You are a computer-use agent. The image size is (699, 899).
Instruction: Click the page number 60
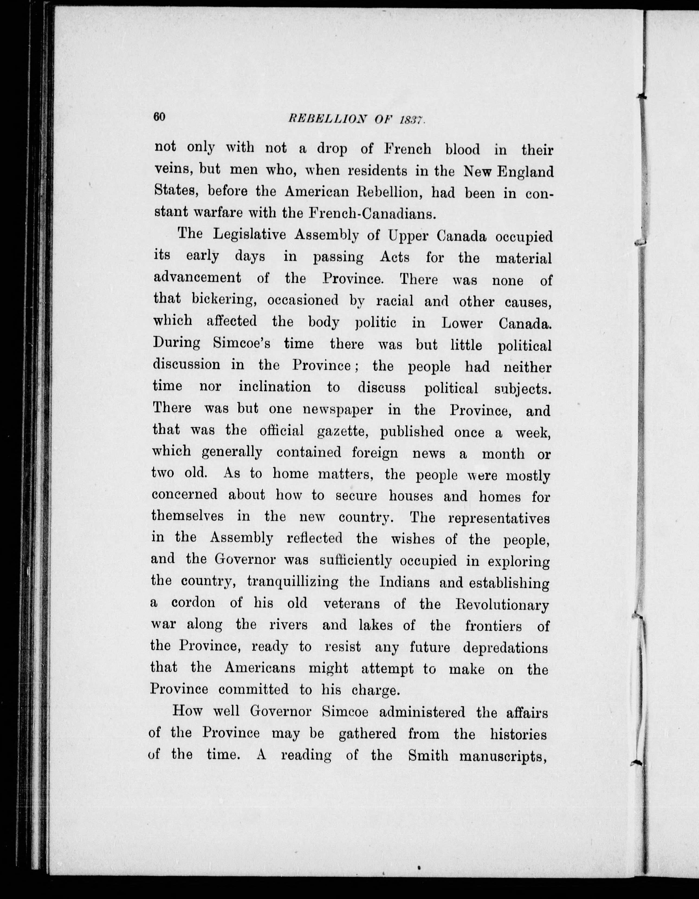pos(159,117)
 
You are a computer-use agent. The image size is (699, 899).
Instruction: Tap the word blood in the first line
pos(462,149)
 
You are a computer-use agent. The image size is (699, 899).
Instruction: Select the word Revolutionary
pos(502,605)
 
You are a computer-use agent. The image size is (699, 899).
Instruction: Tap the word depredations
pos(505,648)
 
